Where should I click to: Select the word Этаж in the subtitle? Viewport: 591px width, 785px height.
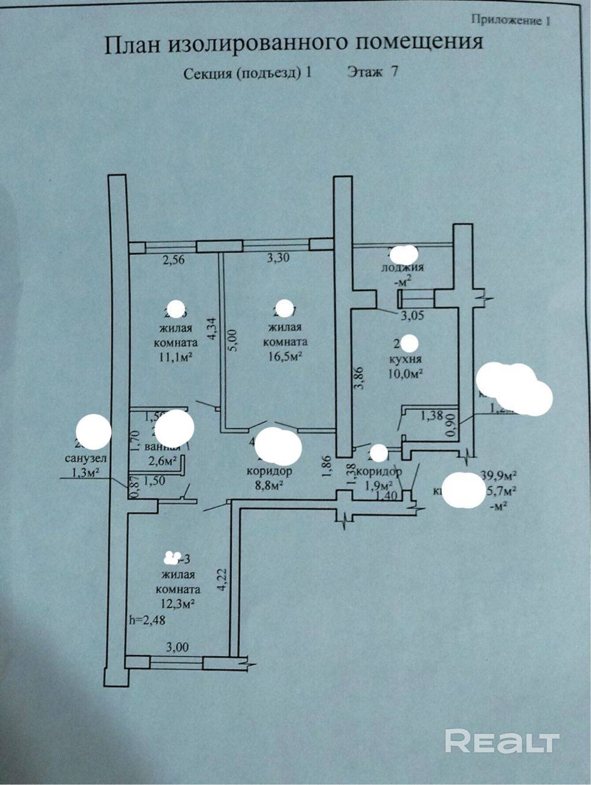[364, 72]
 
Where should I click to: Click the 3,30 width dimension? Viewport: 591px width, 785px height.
[278, 258]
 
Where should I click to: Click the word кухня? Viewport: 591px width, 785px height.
[405, 359]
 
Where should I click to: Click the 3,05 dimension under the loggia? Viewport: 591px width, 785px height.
[412, 315]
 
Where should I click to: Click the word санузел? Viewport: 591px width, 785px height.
[85, 458]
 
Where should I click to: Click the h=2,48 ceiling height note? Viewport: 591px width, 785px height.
[147, 620]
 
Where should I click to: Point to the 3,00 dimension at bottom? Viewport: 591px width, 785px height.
[177, 647]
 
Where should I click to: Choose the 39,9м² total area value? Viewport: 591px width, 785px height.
[498, 476]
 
